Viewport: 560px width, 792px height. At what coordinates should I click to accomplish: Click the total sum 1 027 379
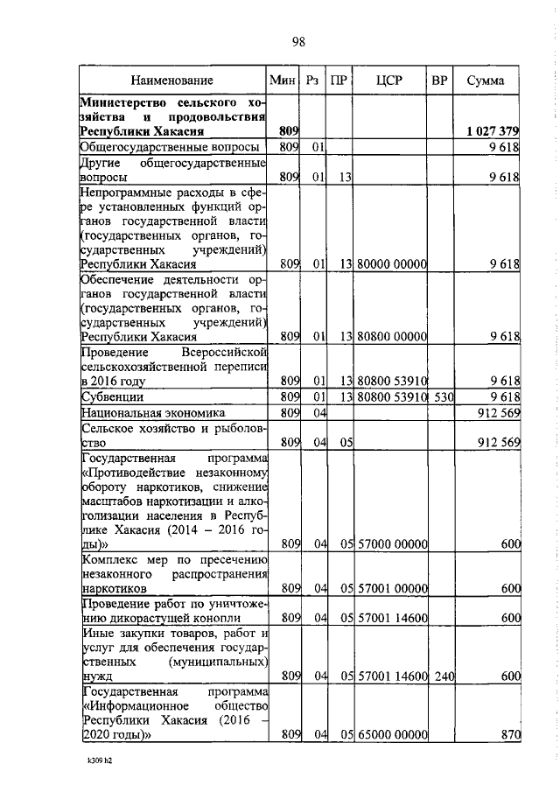[x=493, y=131]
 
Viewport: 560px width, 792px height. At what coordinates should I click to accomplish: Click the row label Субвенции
[x=113, y=396]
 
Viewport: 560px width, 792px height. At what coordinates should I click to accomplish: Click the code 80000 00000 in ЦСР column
[x=391, y=263]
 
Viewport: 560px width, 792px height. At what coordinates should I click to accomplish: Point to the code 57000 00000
[x=391, y=543]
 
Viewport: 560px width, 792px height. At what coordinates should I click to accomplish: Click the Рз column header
[x=311, y=81]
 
